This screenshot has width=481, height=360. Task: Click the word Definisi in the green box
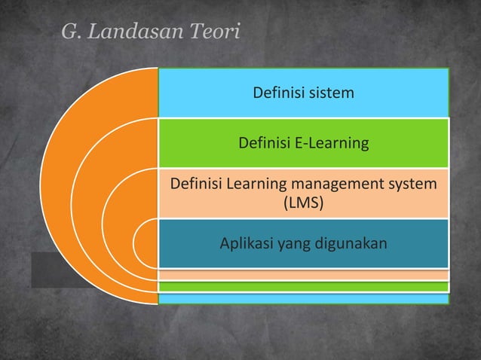pyautogui.click(x=265, y=142)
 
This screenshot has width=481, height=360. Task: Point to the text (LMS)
pyautogui.click(x=303, y=203)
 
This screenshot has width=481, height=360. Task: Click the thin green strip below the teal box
pyautogui.click(x=302, y=286)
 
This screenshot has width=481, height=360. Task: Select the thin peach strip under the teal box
pyautogui.click(x=302, y=275)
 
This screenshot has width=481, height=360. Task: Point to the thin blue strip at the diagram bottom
pyautogui.click(x=302, y=298)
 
